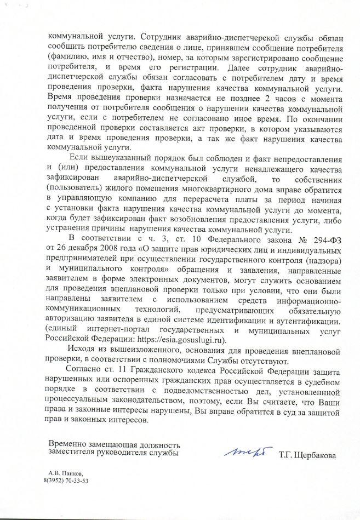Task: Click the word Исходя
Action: coord(81,350)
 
